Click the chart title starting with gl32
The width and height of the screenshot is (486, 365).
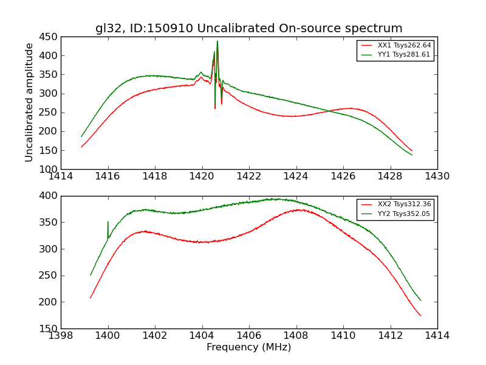[248, 29]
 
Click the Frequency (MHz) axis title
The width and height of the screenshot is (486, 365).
[248, 347]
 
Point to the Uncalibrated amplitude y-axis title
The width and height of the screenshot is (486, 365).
[29, 102]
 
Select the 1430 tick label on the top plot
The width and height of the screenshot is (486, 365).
[437, 176]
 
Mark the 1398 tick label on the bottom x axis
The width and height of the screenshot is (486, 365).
[61, 335]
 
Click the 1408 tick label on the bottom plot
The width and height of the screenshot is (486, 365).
[296, 335]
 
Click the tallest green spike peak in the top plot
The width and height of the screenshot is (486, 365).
[217, 41]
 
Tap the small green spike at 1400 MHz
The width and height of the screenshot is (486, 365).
[108, 222]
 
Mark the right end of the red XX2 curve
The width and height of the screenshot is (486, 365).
[420, 315]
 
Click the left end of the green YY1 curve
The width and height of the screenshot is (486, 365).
[81, 136]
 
